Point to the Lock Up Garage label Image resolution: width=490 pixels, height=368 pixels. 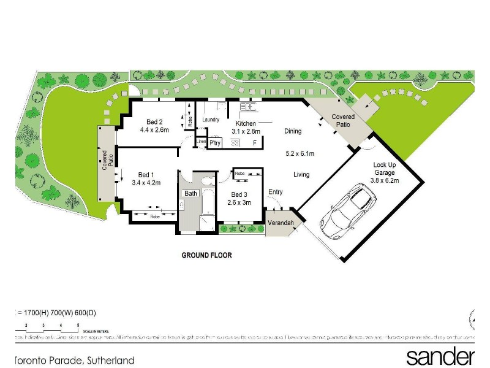point(386,172)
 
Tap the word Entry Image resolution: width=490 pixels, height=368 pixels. point(275,192)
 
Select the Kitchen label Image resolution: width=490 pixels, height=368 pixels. point(237,123)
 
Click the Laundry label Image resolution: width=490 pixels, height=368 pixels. point(211,119)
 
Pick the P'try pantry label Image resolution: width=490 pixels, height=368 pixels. point(215,144)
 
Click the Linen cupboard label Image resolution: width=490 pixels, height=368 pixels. point(200,142)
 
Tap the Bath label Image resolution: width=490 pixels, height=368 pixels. point(192,193)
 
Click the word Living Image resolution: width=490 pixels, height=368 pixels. point(301,174)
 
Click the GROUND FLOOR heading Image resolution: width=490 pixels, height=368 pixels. point(206,255)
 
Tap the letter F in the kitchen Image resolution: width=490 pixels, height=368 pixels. point(254,143)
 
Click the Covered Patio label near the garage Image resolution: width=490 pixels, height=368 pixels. point(342,120)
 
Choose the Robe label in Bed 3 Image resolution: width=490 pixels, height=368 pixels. point(240,174)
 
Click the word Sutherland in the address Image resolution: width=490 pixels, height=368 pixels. point(111,361)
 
